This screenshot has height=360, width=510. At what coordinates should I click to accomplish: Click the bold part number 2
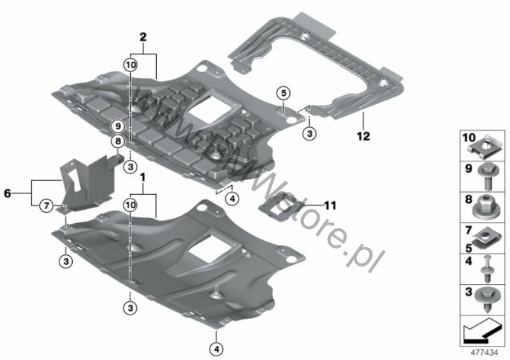(x=143, y=37)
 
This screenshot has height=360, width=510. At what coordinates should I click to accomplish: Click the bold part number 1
(x=143, y=178)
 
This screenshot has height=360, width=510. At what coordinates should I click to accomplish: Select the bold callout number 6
(x=7, y=193)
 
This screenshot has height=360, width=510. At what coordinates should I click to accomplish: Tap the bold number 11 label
(x=330, y=205)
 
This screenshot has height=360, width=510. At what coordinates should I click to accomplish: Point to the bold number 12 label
(x=364, y=136)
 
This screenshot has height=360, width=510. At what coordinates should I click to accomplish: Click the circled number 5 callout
(x=284, y=93)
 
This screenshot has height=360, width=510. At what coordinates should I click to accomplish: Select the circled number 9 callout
(x=117, y=126)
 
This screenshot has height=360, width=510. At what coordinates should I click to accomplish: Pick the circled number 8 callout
(x=117, y=141)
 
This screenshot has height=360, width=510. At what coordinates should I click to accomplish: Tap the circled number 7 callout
(x=46, y=206)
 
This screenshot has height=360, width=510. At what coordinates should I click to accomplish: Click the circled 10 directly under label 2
(x=130, y=65)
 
